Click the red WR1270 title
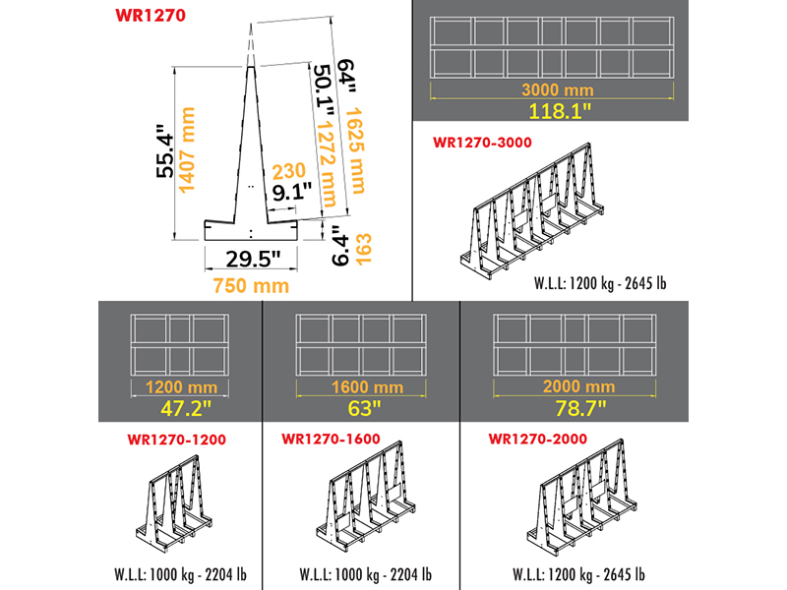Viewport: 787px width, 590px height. (x=151, y=15)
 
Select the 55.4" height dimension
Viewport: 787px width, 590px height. (x=164, y=150)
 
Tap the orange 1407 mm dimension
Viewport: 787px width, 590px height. (x=187, y=150)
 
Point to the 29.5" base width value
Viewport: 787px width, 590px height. (x=253, y=259)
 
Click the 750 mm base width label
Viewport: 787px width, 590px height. (x=251, y=286)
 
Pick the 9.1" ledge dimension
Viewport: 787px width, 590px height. (x=292, y=192)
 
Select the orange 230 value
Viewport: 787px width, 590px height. (x=288, y=171)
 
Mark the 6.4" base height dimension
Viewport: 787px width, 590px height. (x=339, y=245)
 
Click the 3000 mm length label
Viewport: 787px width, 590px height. (x=557, y=89)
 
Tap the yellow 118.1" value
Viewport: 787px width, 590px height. (x=560, y=110)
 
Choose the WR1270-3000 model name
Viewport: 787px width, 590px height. (x=482, y=143)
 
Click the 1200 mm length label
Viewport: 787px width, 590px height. (x=181, y=387)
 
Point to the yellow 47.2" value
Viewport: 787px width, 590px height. (x=186, y=408)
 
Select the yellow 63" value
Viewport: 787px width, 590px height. (x=365, y=408)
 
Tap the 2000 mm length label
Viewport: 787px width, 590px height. (x=578, y=386)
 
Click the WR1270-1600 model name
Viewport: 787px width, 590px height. (x=331, y=439)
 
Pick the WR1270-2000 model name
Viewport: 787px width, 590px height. (x=537, y=439)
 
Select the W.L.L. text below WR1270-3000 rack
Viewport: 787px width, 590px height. (x=600, y=283)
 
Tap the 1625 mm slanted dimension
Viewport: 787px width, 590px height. (x=356, y=150)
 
